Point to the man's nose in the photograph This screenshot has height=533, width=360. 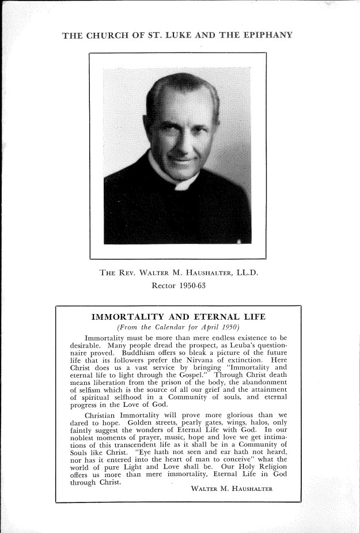click(x=182, y=137)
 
